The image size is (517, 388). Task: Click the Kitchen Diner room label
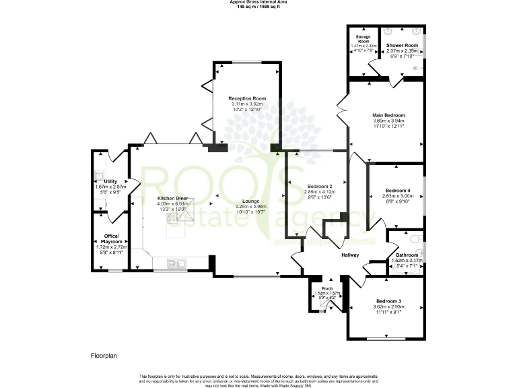click(x=172, y=198)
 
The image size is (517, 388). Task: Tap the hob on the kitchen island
click(x=176, y=214)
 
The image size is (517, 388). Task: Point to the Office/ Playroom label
click(x=110, y=236)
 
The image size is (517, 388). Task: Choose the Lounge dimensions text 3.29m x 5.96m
click(x=250, y=206)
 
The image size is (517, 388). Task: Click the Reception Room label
click(x=246, y=98)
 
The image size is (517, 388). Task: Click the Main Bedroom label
click(x=388, y=115)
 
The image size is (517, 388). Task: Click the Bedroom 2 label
click(x=320, y=186)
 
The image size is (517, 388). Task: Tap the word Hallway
click(x=349, y=255)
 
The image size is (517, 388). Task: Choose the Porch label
click(x=327, y=289)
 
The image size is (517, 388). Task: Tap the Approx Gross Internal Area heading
click(x=258, y=3)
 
